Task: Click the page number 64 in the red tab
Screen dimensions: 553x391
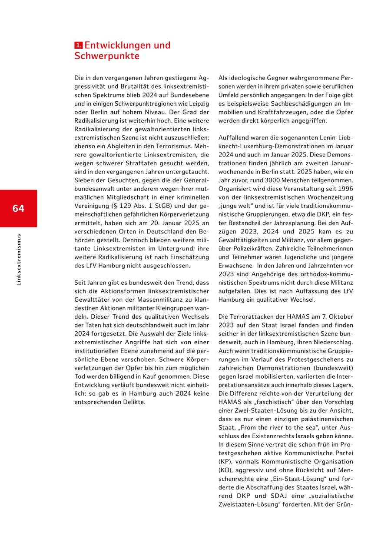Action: [x=18, y=209]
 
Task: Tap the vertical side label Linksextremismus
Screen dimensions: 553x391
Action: [x=18, y=260]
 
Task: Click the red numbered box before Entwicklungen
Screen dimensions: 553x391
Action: [x=78, y=45]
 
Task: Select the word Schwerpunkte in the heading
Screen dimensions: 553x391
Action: [x=107, y=56]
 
